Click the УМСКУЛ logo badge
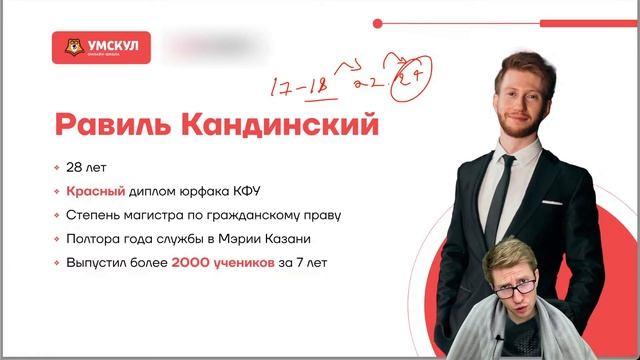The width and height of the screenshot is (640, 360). click(103, 47)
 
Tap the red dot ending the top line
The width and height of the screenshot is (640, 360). click(375, 22)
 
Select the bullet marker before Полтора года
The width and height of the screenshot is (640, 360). click(59, 240)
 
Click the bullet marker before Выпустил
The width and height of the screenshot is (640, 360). click(59, 264)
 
